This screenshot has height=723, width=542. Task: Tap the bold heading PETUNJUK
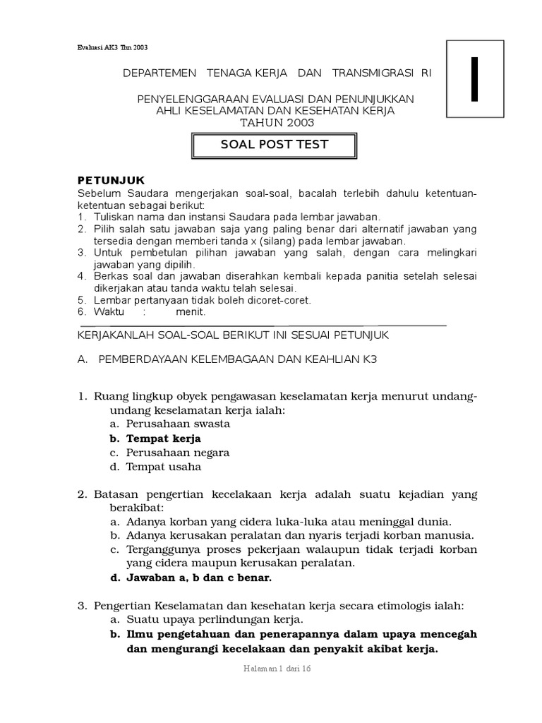111,181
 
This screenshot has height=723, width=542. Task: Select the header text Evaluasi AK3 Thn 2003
112,47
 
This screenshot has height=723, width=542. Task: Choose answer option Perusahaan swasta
178,424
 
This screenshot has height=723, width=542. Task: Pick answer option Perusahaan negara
178,453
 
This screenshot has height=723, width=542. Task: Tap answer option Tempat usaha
164,467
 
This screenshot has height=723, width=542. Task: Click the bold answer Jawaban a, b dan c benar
199,578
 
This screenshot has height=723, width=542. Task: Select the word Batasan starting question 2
118,494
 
